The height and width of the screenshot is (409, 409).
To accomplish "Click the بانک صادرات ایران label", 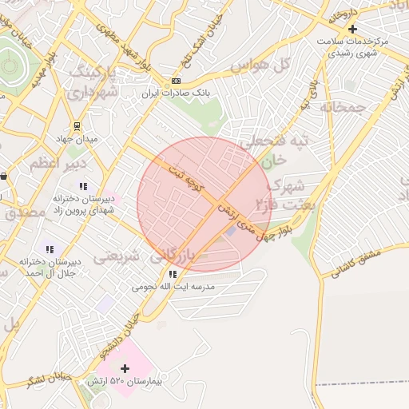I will coord(175,93).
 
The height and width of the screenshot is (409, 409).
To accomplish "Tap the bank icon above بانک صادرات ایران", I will coord(176,81).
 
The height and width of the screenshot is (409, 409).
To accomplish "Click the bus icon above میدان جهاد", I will coord(77,126).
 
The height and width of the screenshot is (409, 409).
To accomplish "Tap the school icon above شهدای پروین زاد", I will coord(83,186).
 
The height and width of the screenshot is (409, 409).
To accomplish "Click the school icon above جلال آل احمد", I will coord(50,249).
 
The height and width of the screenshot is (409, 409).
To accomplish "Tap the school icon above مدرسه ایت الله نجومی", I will coord(173,274).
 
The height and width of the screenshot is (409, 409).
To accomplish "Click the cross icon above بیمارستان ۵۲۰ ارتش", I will coord(124,368).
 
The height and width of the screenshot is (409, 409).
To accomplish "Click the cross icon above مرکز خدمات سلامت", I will coord(352,29).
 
